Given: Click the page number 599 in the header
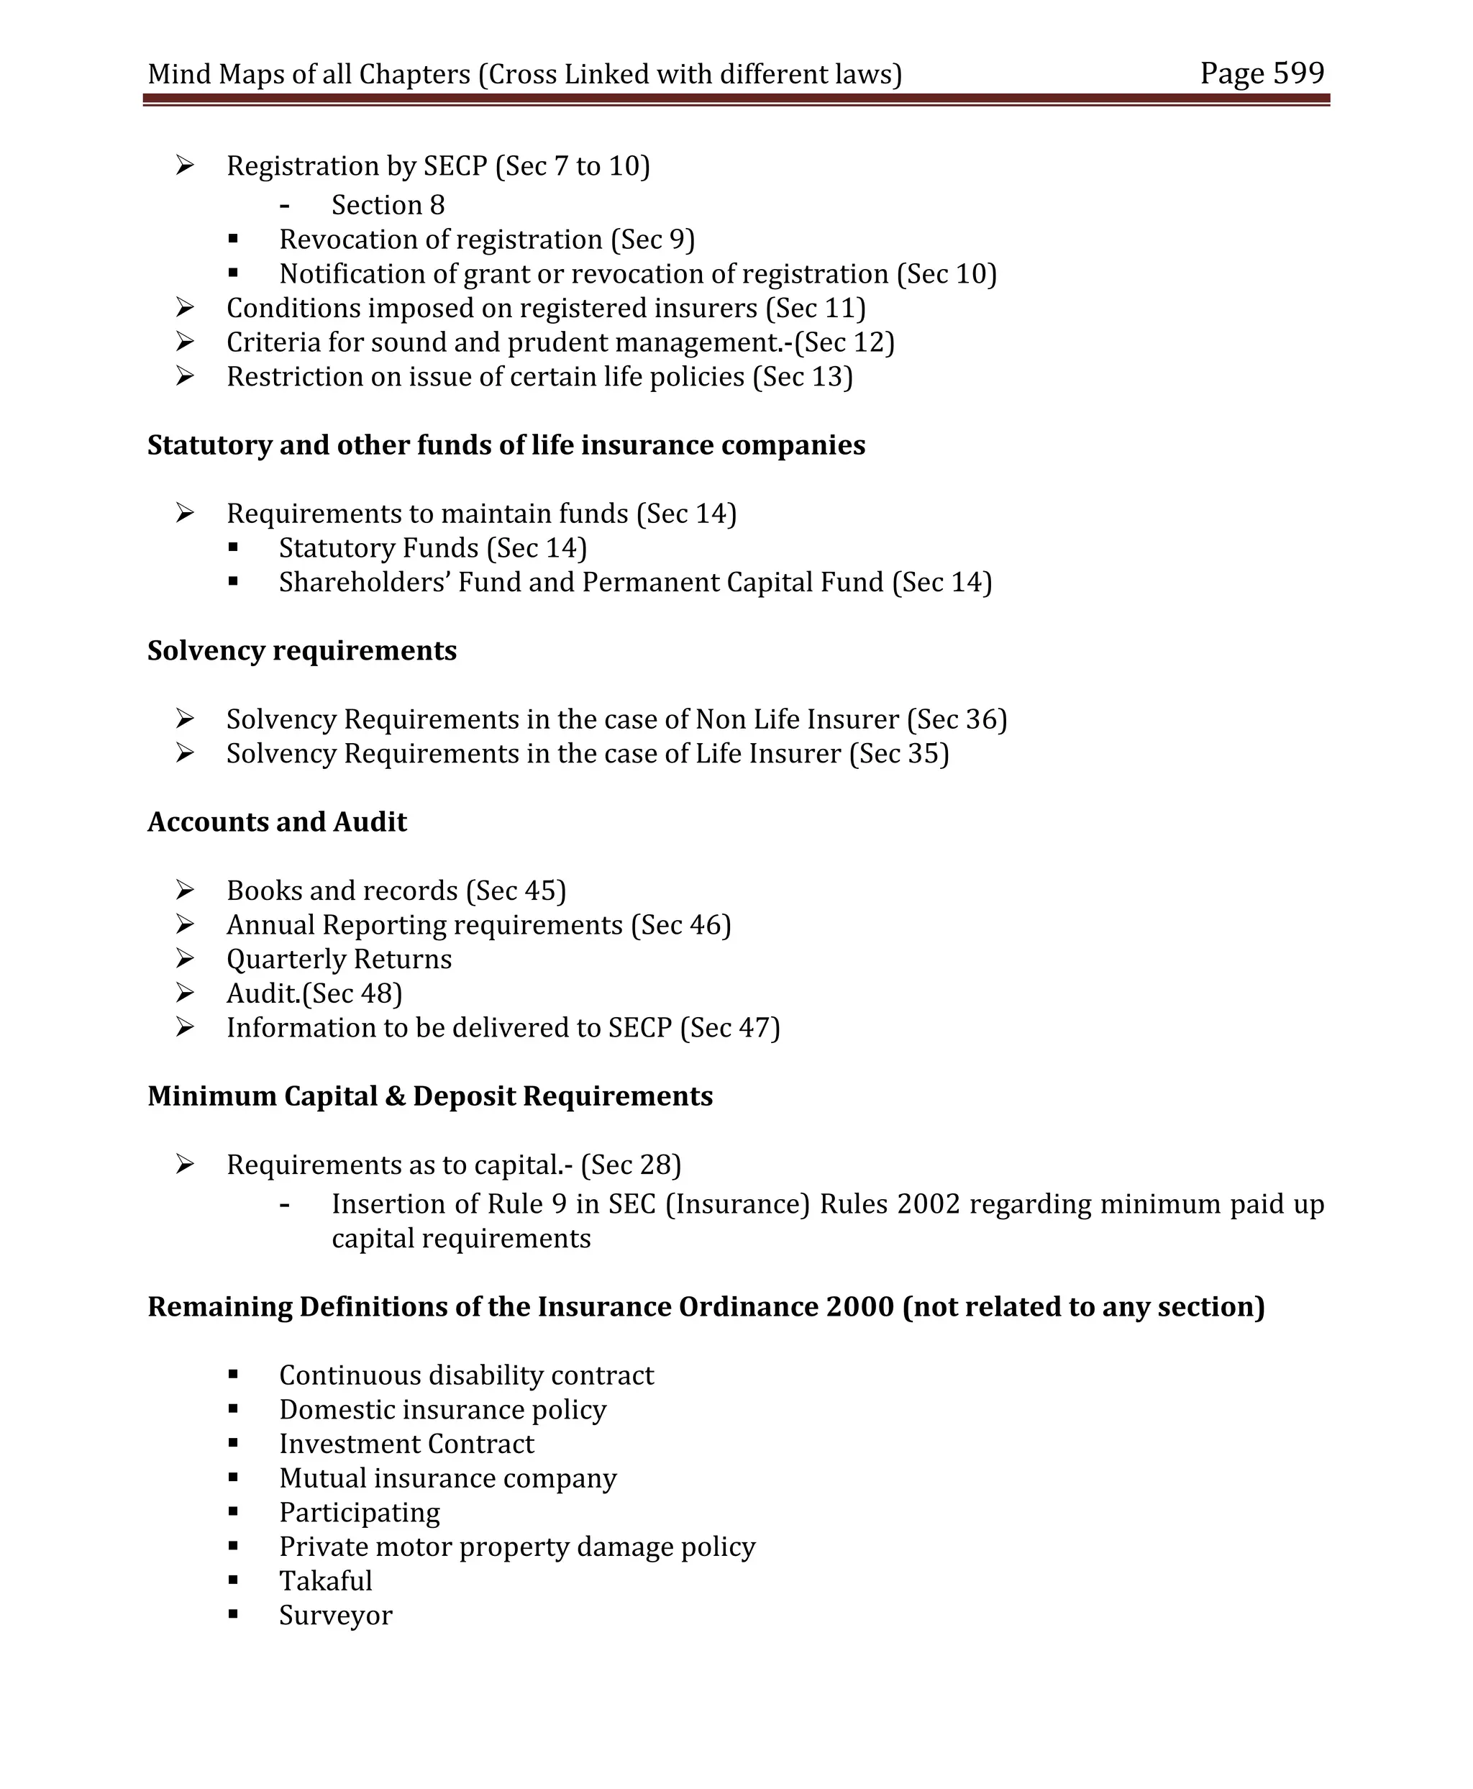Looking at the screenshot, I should tap(1298, 74).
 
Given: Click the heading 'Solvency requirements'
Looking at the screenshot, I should tap(302, 651).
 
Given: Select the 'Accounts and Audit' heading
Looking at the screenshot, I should tap(277, 822).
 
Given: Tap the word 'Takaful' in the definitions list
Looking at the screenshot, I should tap(326, 1580).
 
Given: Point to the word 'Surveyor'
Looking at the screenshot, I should tap(335, 1615).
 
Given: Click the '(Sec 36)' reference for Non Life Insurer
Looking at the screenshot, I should tap(957, 719).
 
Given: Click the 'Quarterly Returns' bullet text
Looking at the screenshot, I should tap(339, 959).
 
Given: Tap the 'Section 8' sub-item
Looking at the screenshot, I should tap(388, 206).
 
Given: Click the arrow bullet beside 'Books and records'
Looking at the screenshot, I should tap(185, 891).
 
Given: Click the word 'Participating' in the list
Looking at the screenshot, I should tap(359, 1512).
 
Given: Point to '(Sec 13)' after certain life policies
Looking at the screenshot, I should tap(803, 377).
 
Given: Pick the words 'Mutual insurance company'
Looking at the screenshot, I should tap(447, 1478).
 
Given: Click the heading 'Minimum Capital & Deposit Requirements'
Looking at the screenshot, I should tap(429, 1096).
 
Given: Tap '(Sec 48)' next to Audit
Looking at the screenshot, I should tap(352, 994).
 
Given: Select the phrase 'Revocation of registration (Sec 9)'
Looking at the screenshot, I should tap(486, 240).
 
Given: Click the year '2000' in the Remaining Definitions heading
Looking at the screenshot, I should tap(859, 1307).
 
